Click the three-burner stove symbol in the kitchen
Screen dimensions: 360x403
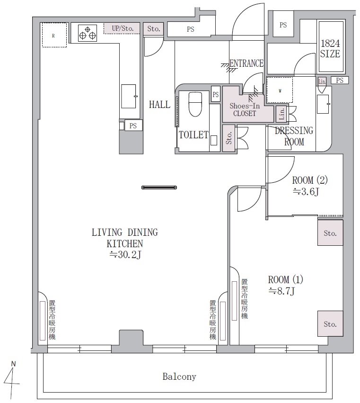click(88, 33)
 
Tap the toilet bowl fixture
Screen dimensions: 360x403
click(195, 104)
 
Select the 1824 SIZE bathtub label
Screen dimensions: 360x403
click(330, 48)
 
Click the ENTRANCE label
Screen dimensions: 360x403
click(246, 63)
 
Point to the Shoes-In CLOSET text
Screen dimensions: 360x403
click(245, 110)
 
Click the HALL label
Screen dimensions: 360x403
click(159, 105)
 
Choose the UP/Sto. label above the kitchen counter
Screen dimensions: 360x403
click(123, 28)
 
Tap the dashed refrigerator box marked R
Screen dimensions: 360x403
click(54, 35)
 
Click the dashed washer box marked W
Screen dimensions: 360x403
click(280, 90)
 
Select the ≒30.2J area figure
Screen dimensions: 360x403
click(125, 255)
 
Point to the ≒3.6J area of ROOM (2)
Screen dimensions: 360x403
click(306, 192)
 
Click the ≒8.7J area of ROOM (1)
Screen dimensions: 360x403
click(281, 291)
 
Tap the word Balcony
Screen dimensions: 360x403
click(179, 377)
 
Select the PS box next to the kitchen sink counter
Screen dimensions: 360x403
click(133, 125)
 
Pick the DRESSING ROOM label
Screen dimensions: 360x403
click(294, 136)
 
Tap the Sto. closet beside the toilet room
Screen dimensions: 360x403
click(228, 138)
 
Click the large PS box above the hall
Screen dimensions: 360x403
click(191, 29)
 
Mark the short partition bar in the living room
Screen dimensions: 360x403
click(159, 188)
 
